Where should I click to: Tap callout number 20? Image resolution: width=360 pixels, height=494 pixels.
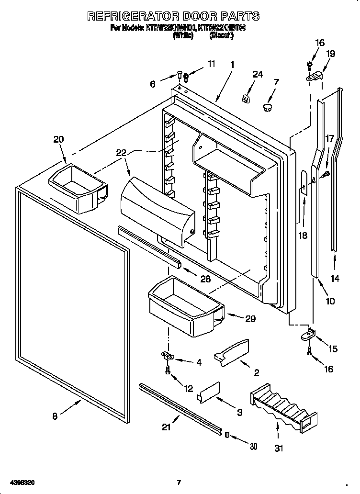click(x=58, y=139)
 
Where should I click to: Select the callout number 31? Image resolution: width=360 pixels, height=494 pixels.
click(x=279, y=448)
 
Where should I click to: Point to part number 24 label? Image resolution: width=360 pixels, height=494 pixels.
click(x=258, y=74)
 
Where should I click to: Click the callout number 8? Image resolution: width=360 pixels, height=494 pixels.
click(x=55, y=416)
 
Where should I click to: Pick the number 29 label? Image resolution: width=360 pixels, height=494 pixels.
click(x=250, y=318)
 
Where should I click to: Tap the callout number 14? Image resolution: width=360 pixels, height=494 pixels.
click(x=335, y=279)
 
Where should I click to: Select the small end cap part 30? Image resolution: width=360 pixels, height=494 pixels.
click(x=227, y=435)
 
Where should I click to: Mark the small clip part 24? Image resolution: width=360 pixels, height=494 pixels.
click(x=247, y=99)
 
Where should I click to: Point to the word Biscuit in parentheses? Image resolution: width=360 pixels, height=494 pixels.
click(x=221, y=35)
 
